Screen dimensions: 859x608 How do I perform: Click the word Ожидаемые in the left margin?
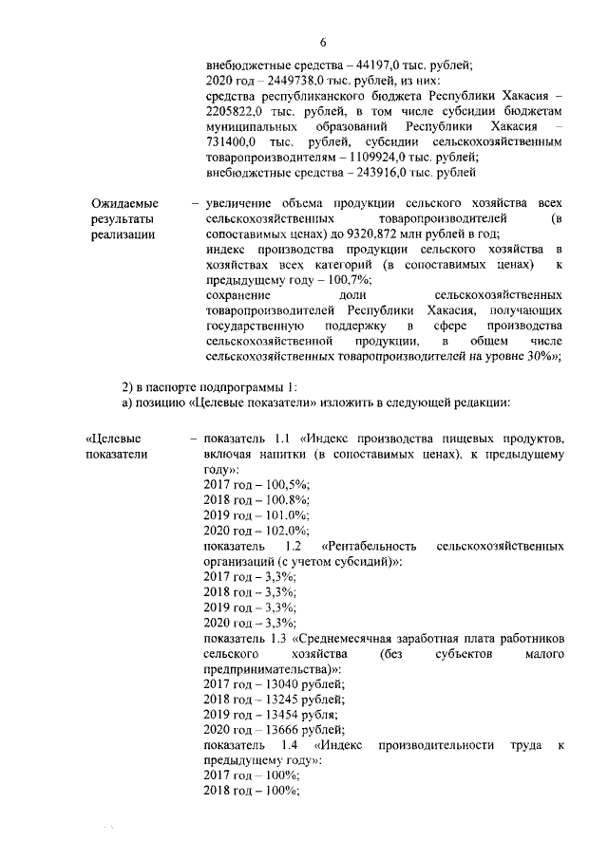point(124,203)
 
